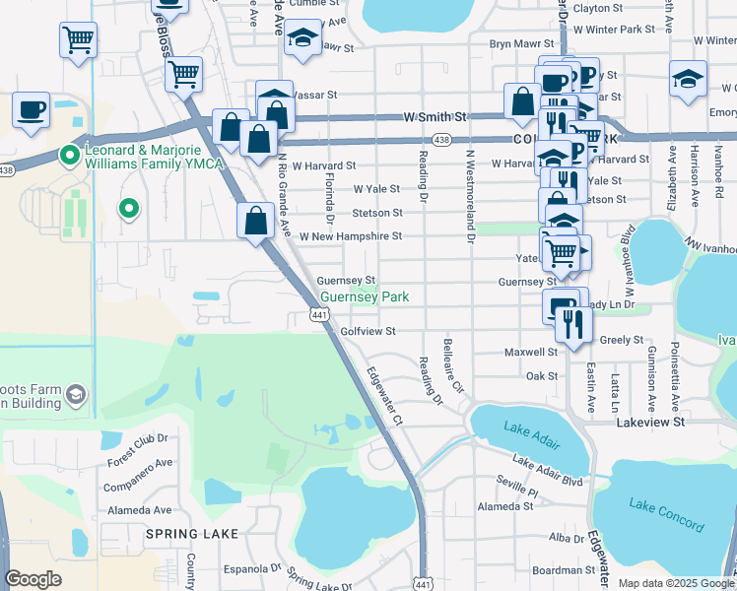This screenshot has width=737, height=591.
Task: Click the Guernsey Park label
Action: [365, 296]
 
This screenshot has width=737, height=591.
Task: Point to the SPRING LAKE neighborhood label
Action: [179, 533]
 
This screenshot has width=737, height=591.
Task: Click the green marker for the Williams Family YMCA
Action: [69, 155]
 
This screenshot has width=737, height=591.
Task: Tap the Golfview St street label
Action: [368, 332]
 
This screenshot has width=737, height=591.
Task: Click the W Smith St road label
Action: [435, 116]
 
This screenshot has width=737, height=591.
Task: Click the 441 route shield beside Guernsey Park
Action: [318, 314]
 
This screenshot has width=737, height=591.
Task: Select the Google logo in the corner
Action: [33, 579]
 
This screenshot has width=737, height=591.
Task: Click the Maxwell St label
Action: [531, 352]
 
